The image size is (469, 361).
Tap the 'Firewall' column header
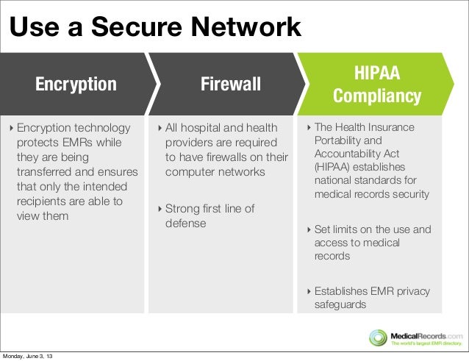pos(231,85)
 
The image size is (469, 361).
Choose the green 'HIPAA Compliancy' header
pos(377,85)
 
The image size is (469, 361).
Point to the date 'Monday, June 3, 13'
pos(32,356)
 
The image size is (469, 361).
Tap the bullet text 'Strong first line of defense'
pos(210,216)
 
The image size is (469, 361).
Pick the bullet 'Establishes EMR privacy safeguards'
pos(372,298)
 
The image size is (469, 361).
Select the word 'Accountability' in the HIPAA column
pos(348,154)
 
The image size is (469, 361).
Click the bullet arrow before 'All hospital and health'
pos(160,129)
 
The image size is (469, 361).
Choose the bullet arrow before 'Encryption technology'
pos(11,129)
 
